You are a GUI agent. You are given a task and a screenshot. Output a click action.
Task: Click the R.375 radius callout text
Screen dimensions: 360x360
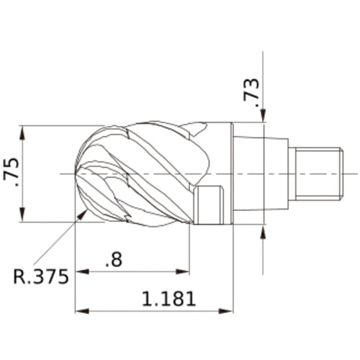(x=41, y=276)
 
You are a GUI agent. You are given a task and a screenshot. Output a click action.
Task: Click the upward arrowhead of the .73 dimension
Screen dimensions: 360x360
(x=264, y=230)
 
